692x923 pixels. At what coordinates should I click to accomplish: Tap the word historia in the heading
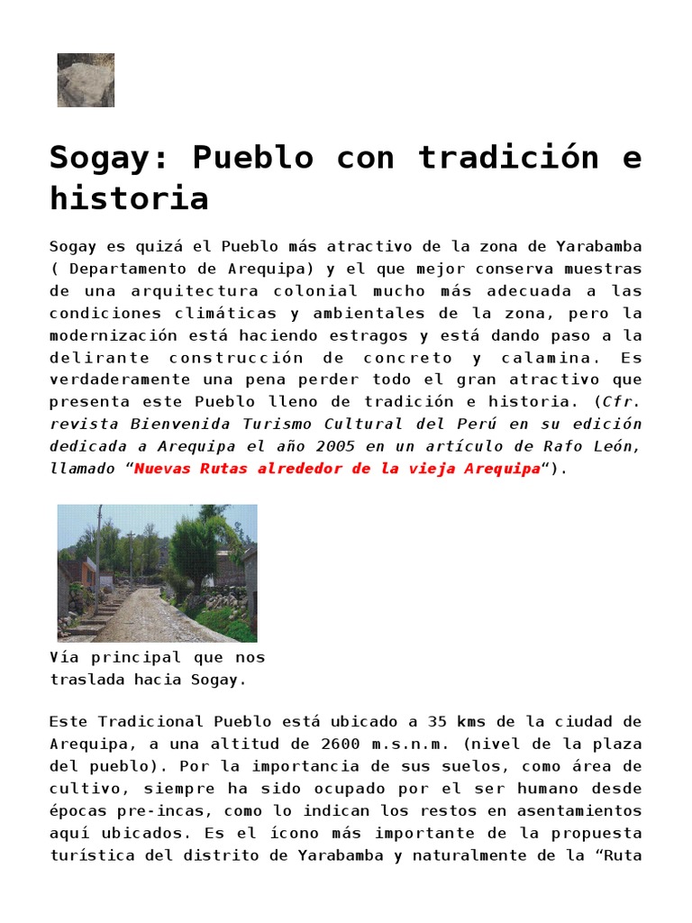coord(129,197)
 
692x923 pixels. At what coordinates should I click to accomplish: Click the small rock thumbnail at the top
coord(86,80)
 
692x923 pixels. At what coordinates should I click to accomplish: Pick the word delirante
coord(89,358)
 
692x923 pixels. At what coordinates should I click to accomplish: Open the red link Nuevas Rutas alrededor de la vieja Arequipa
coord(338,469)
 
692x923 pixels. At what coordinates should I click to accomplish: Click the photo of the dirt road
coord(157,572)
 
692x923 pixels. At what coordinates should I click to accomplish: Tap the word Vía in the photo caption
coord(64,658)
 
